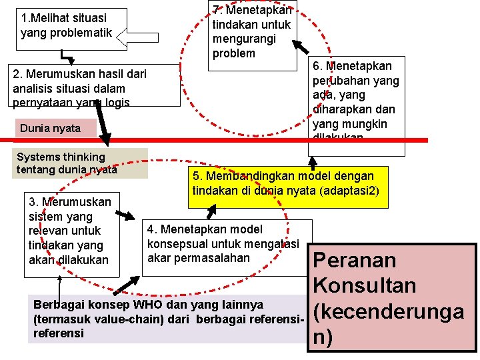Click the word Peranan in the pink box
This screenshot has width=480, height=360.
click(x=355, y=261)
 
